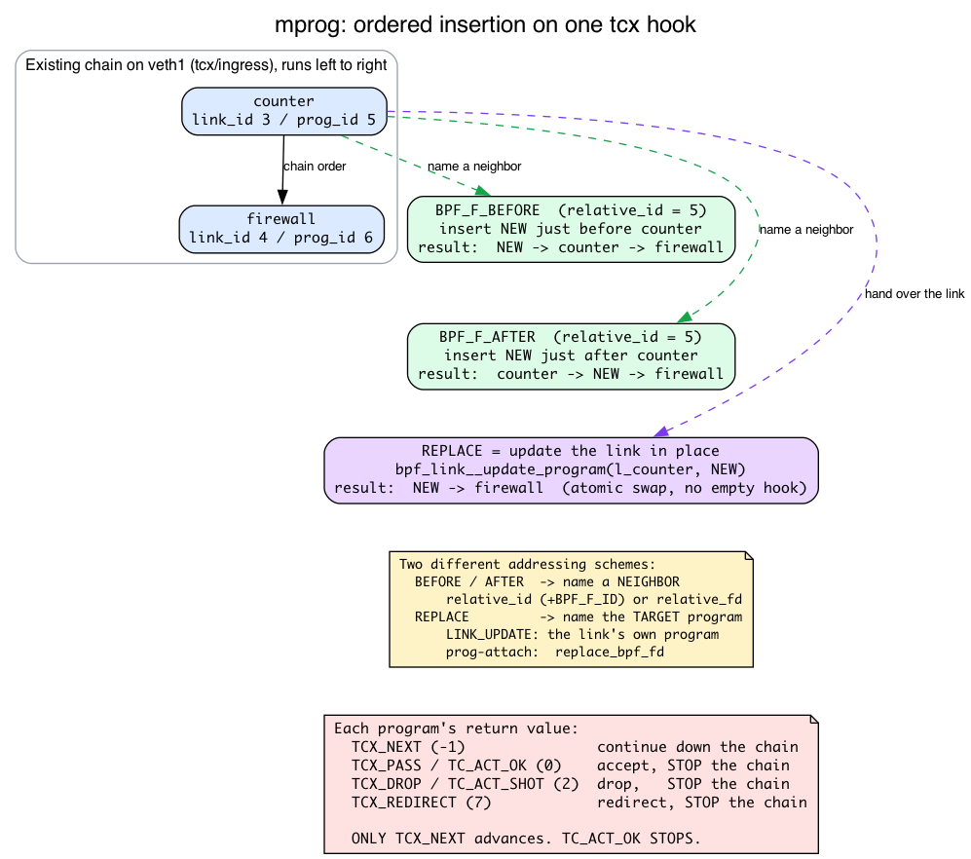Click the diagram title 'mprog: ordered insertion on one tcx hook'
pyautogui.click(x=485, y=24)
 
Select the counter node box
pyautogui.click(x=284, y=111)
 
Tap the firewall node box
pyautogui.click(x=281, y=229)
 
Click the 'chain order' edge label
pyautogui.click(x=315, y=166)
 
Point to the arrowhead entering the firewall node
pyautogui.click(x=282, y=198)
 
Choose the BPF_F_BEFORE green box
pyautogui.click(x=571, y=229)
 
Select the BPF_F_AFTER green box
pyautogui.click(x=571, y=356)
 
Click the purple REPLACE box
pyautogui.click(x=571, y=470)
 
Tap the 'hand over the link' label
pyautogui.click(x=915, y=293)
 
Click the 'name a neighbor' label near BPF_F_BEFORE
pyautogui.click(x=474, y=166)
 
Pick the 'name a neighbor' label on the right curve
pyautogui.click(x=806, y=229)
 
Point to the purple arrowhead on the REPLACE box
pyautogui.click(x=661, y=431)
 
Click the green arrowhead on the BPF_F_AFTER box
pyautogui.click(x=685, y=317)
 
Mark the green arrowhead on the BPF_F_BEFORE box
pyautogui.click(x=483, y=191)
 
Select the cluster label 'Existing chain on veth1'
pyautogui.click(x=206, y=65)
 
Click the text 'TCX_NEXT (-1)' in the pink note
pyautogui.click(x=408, y=747)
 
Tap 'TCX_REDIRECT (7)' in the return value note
pyautogui.click(x=421, y=802)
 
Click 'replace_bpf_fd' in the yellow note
pyautogui.click(x=610, y=652)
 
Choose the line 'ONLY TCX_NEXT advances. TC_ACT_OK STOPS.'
pyautogui.click(x=526, y=838)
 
